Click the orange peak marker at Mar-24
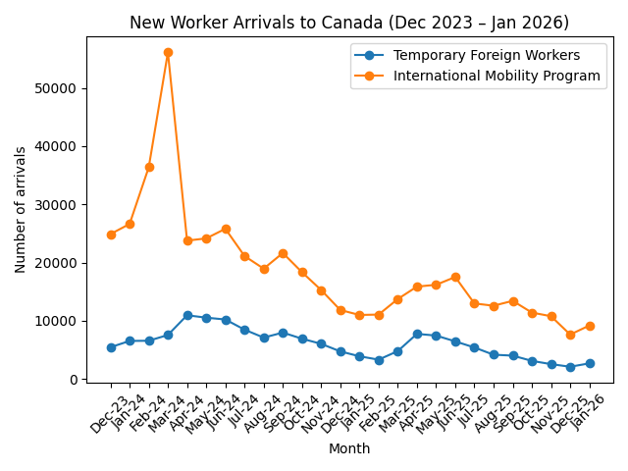168,52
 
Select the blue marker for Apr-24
187,315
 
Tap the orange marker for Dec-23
111,235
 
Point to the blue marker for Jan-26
590,363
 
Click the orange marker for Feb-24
149,167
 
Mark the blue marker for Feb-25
379,360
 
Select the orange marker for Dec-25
570,335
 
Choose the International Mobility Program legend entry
497,76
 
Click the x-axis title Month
350,448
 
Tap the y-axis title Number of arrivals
21,209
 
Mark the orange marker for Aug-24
264,269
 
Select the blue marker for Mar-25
397,351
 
